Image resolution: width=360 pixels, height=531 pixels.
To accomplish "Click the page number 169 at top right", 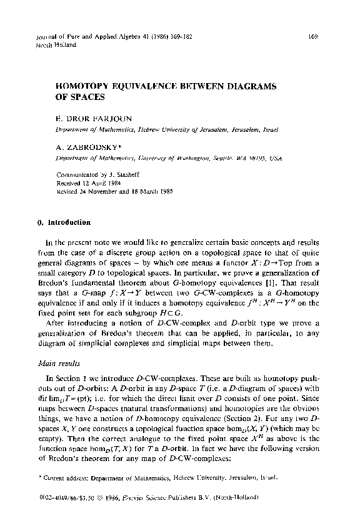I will click(x=313, y=37).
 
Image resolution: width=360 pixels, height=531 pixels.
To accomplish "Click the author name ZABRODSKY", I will click(x=94, y=149).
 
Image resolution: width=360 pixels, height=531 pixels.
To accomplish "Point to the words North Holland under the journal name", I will click(x=56, y=46).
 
